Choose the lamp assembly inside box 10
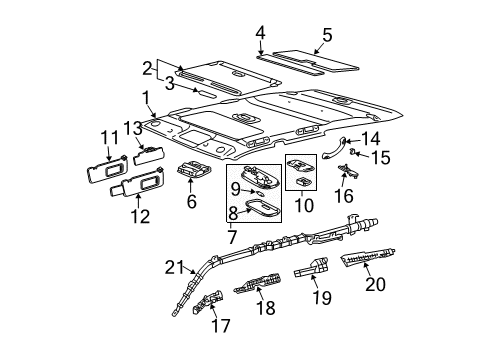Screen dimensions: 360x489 302,168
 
